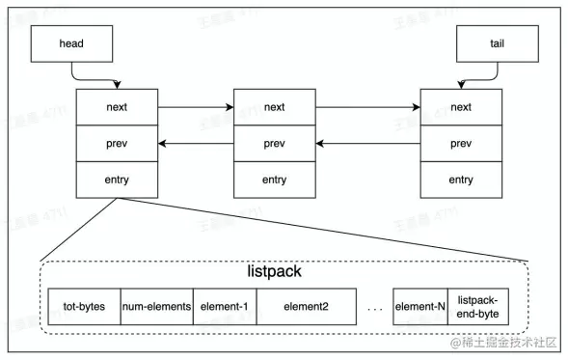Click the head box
[71, 43]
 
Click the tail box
[496, 43]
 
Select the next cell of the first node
[117, 106]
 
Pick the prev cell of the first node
[117, 143]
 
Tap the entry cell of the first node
[117, 180]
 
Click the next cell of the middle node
[274, 106]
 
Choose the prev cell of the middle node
[274, 143]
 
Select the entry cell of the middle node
[274, 180]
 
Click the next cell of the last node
[461, 106]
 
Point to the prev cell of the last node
[461, 143]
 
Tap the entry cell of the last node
[461, 180]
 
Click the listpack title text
[275, 271]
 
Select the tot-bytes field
[84, 307]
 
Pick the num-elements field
[156, 307]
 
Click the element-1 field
[224, 307]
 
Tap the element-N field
[420, 307]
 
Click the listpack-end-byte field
[478, 307]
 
